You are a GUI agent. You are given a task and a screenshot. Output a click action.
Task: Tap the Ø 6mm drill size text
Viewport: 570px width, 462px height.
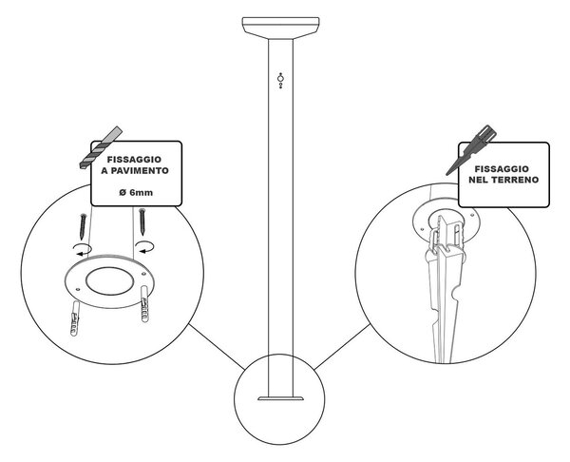[136, 192]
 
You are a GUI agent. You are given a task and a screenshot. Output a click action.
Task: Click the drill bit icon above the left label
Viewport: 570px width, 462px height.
[101, 147]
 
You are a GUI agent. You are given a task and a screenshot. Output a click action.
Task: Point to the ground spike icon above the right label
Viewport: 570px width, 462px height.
[471, 150]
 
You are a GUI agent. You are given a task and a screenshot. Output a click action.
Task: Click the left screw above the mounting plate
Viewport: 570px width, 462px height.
[84, 226]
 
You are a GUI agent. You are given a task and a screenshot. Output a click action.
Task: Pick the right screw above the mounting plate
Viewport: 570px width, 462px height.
[142, 221]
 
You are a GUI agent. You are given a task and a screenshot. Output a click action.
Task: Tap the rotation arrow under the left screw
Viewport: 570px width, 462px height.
[83, 249]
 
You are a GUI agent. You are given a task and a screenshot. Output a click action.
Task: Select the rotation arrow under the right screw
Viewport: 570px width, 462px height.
[144, 246]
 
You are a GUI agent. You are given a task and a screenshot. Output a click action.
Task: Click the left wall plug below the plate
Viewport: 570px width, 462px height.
[74, 318]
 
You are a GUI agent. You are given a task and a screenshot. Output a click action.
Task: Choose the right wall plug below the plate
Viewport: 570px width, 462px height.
[144, 304]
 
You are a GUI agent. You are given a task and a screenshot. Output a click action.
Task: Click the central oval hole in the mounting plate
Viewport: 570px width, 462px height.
[110, 280]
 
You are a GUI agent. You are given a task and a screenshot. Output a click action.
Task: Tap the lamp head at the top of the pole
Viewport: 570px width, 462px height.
[280, 28]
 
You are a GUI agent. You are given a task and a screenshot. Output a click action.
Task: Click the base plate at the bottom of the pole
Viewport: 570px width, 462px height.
[280, 398]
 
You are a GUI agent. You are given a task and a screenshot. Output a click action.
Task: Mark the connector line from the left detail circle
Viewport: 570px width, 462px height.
[217, 347]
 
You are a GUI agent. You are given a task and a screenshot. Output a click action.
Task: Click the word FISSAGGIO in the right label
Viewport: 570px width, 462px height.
[502, 169]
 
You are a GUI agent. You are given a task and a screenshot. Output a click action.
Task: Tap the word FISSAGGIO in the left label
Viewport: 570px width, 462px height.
[134, 160]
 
